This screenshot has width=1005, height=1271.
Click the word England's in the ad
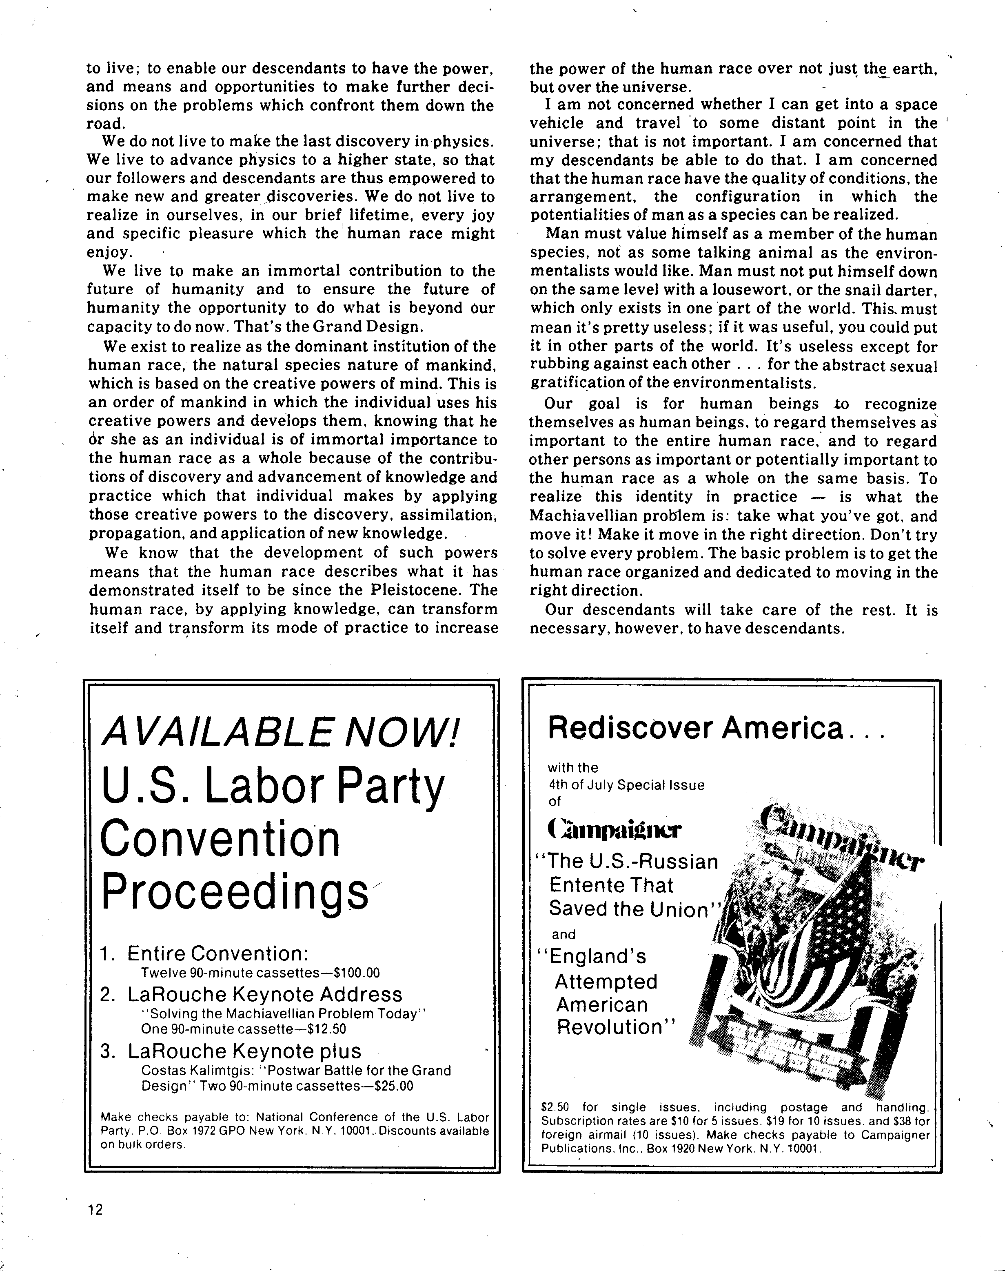tap(598, 956)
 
